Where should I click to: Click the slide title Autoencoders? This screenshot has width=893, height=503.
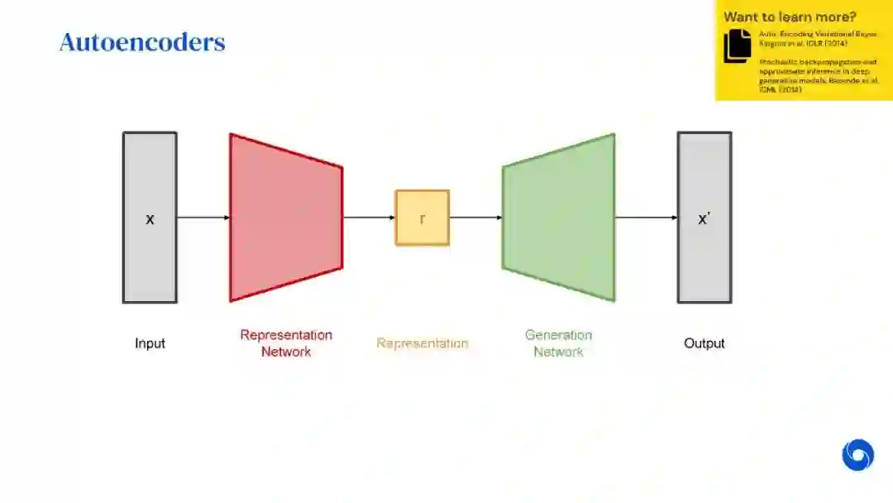click(x=142, y=42)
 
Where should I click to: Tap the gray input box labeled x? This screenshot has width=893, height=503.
click(x=150, y=218)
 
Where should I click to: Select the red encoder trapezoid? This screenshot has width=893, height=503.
click(x=285, y=218)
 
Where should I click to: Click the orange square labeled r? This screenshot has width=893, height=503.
click(x=422, y=218)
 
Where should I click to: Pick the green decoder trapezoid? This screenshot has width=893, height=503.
click(x=559, y=218)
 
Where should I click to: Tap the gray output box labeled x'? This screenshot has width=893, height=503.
click(x=704, y=218)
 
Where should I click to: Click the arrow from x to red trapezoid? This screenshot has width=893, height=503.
click(x=203, y=218)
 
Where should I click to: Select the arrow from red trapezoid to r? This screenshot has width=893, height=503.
click(x=368, y=218)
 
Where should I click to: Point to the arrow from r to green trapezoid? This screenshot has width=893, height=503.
click(x=475, y=218)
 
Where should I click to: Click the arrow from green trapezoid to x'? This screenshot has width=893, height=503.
click(x=646, y=218)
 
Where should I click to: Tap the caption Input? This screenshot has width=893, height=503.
click(x=150, y=343)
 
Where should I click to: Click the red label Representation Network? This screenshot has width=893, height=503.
click(x=286, y=343)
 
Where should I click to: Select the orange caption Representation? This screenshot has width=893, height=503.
click(x=422, y=343)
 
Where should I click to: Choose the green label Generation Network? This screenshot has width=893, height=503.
click(x=559, y=343)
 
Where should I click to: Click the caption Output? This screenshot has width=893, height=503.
click(x=704, y=343)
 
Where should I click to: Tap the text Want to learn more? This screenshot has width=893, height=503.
click(x=790, y=17)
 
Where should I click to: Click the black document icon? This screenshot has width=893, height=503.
click(x=738, y=46)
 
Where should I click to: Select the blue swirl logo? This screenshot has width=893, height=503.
click(x=857, y=455)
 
